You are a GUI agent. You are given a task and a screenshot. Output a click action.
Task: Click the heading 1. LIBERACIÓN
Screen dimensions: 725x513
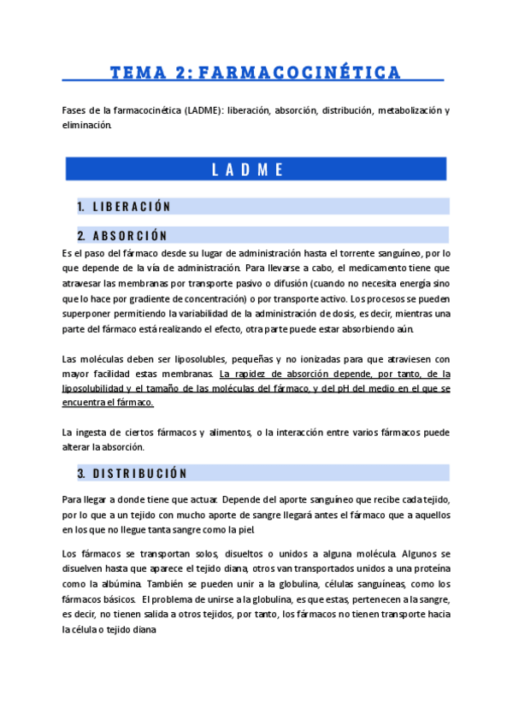[124, 206]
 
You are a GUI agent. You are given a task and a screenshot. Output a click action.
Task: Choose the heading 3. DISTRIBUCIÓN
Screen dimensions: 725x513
[132, 473]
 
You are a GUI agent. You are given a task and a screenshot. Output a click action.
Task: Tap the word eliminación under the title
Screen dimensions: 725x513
[86, 125]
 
